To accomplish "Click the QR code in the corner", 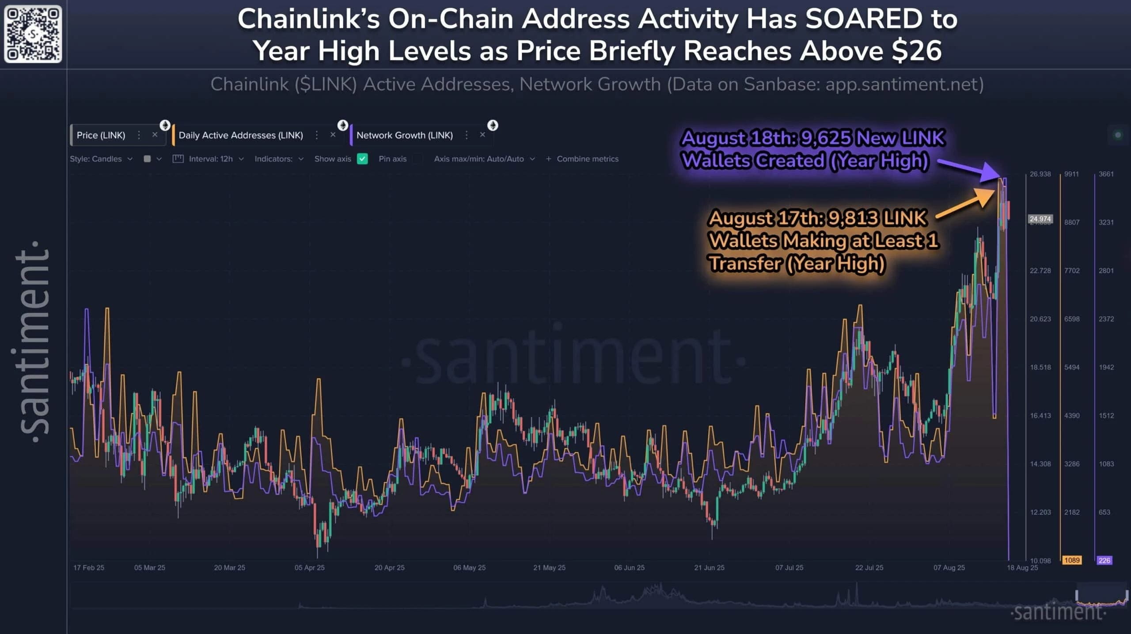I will [33, 34].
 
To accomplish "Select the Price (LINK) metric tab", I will [101, 135].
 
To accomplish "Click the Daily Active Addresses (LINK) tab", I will [241, 135].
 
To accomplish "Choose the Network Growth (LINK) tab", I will [404, 135].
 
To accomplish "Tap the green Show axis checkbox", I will [362, 159].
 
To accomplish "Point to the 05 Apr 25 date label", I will [309, 567].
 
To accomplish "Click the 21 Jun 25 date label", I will [709, 567].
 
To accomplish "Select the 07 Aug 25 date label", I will [949, 567].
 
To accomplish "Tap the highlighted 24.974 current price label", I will [1040, 219].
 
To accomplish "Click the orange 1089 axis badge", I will [1072, 560].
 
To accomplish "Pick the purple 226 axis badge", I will [1104, 560].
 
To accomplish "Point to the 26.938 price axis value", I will [1040, 174].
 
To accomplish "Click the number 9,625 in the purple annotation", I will [825, 138].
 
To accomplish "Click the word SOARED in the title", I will [864, 19].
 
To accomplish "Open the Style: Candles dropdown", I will [101, 159].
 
